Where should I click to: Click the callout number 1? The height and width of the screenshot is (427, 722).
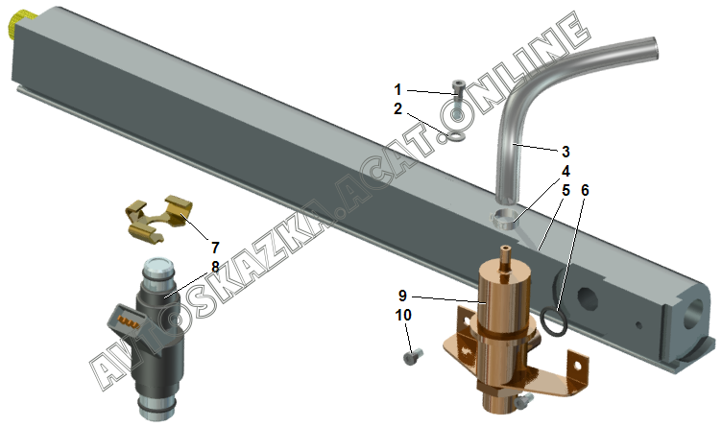coord(397,89)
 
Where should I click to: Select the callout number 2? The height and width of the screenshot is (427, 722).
coord(397,109)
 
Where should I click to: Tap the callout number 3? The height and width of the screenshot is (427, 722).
coord(566,152)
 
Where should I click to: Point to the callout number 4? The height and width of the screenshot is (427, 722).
coord(566,171)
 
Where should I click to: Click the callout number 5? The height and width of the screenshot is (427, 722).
coord(566,190)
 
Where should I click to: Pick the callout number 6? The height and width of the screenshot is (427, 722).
coord(585,190)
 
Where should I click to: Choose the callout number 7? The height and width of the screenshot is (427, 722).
coord(215,248)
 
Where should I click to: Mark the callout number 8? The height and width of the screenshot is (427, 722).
coord(215,267)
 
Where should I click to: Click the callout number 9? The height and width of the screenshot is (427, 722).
coord(402,296)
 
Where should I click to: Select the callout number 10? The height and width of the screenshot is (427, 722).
coord(403,315)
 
